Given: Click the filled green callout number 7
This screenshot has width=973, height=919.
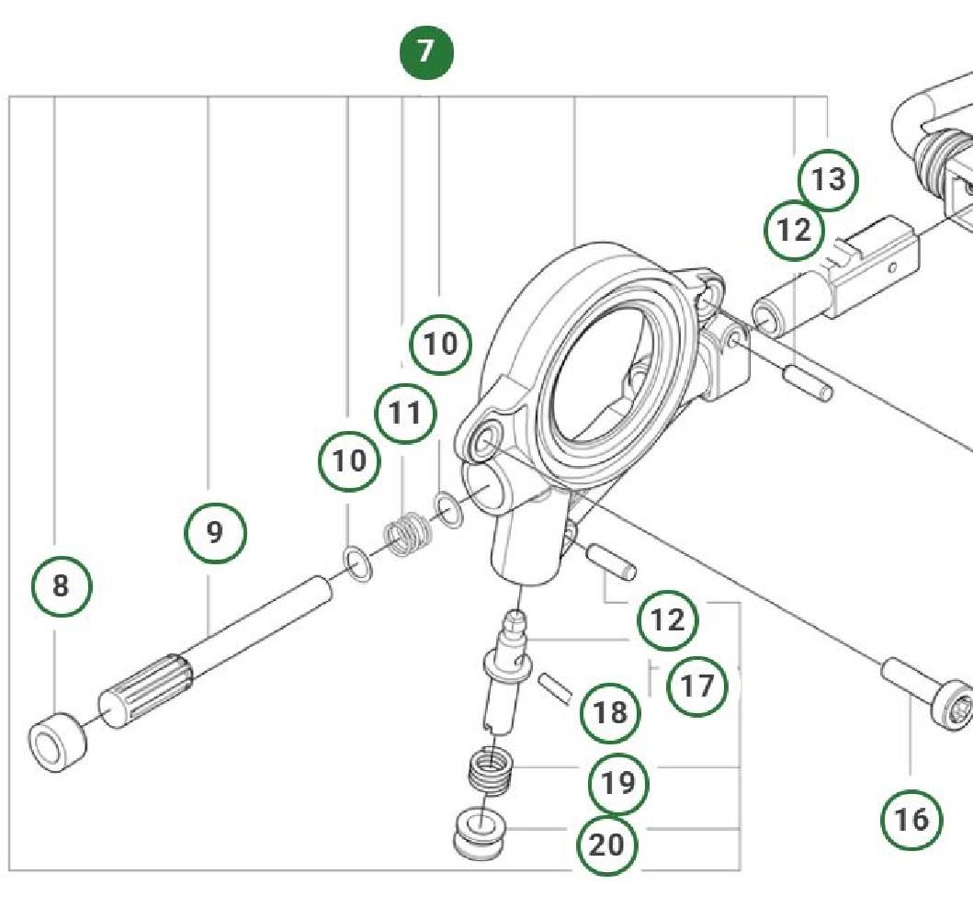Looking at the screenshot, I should point(425,52).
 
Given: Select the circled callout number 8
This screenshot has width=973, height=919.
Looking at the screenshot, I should point(62,585).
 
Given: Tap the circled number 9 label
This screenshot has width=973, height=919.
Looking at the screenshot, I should point(215,532).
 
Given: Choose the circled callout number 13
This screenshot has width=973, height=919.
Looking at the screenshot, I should point(828,180).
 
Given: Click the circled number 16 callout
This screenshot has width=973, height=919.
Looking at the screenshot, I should point(911,819).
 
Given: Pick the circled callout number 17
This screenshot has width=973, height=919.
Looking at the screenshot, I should point(696,686).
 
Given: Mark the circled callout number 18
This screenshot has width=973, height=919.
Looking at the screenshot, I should point(610,712).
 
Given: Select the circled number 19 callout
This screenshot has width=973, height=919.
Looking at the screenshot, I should point(617,783).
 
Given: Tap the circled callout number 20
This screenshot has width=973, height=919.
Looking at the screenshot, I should point(606,844).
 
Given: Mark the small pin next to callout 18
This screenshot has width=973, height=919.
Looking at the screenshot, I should point(555,686).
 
